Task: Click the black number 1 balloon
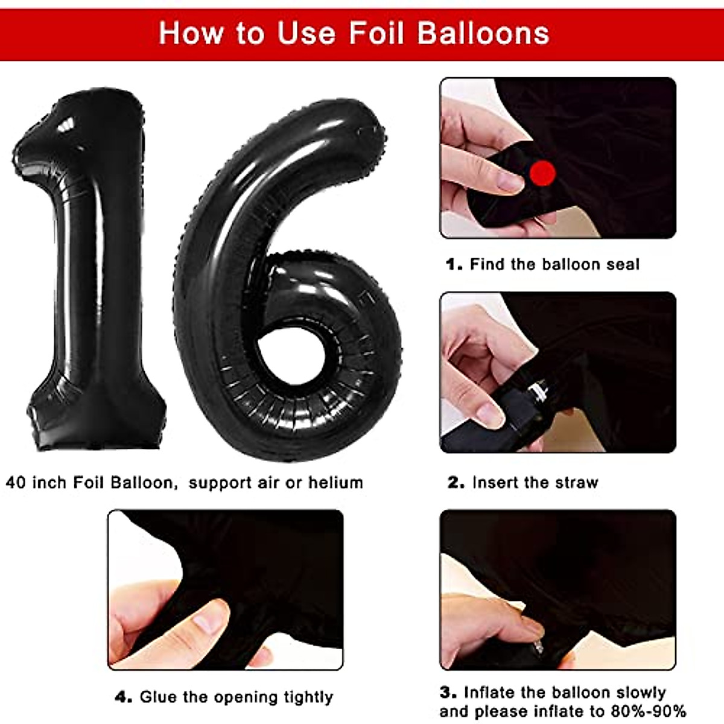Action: [x=91, y=271]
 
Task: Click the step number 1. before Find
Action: [x=454, y=264]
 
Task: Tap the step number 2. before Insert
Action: [x=456, y=483]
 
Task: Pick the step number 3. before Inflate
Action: [x=448, y=692]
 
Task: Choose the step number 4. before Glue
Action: [x=123, y=697]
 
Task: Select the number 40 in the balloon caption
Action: [x=16, y=483]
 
